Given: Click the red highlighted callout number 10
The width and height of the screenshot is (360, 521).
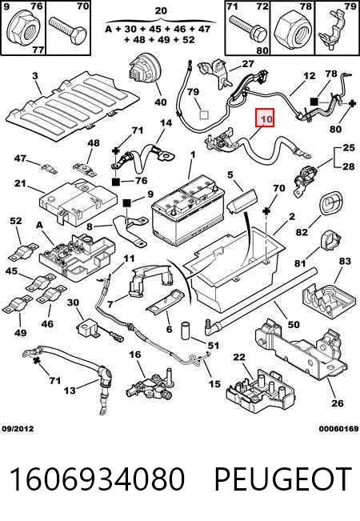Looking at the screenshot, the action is pos(264,118).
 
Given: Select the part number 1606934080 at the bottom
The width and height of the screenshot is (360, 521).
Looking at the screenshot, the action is pos(97,479).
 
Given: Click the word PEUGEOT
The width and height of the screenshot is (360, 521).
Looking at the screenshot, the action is pos(283,479).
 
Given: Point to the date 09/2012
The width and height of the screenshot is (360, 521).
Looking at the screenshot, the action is pos(18,429).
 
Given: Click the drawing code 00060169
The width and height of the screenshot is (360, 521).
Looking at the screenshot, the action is pos(339,429).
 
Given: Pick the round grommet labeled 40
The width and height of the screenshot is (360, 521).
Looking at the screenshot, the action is pos(145,70).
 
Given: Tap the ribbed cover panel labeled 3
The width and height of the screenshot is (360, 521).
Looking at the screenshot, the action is pos(73,106).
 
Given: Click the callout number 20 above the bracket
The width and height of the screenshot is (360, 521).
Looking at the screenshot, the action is pos(161,10).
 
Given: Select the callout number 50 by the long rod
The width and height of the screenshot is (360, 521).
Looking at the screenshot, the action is pos(294,324).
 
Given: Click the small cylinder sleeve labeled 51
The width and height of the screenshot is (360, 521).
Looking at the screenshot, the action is pos(186,331).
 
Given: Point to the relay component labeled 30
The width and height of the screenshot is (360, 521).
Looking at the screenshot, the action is pos(88,327).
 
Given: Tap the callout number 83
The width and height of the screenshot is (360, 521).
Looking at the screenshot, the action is pos(344,261).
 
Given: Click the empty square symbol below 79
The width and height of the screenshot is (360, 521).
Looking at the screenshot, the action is pos(203,115).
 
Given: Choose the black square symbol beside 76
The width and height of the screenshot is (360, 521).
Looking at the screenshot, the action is pos(116,182).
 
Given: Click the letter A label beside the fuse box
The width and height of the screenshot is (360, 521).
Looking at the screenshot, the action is pos(39,225).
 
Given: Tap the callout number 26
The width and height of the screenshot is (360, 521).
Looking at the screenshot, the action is pos(338,403).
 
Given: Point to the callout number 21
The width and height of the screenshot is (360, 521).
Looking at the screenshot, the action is pos(20,183).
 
